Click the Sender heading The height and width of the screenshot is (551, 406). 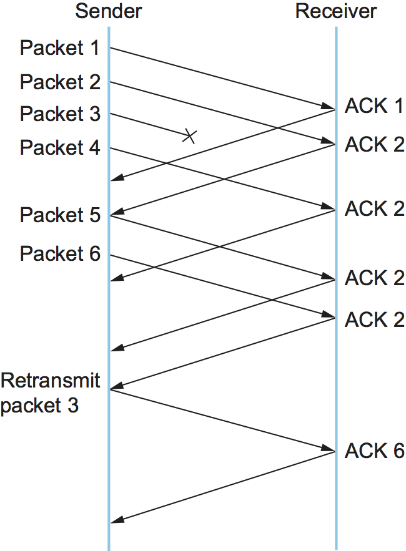(108, 11)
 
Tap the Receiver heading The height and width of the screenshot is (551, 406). (336, 11)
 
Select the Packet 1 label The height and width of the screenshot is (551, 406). (59, 47)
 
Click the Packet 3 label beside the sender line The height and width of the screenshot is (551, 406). (59, 114)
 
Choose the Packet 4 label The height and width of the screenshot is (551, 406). (59, 148)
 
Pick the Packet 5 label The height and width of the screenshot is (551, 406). (59, 215)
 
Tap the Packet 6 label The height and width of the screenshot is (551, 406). (59, 254)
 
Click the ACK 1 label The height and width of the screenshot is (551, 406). (374, 106)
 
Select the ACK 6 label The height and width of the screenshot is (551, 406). (374, 451)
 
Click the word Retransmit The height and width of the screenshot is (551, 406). (51, 380)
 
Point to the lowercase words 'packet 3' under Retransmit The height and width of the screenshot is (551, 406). (40, 406)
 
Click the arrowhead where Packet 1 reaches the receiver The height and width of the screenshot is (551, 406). (330, 107)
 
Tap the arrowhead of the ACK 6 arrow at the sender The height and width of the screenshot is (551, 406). (115, 522)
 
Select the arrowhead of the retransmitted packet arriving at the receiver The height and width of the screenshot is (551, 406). (330, 450)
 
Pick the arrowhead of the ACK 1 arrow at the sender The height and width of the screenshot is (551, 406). (115, 180)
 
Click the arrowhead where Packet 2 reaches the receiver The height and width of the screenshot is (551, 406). (330, 143)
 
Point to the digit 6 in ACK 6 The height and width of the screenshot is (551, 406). (397, 451)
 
